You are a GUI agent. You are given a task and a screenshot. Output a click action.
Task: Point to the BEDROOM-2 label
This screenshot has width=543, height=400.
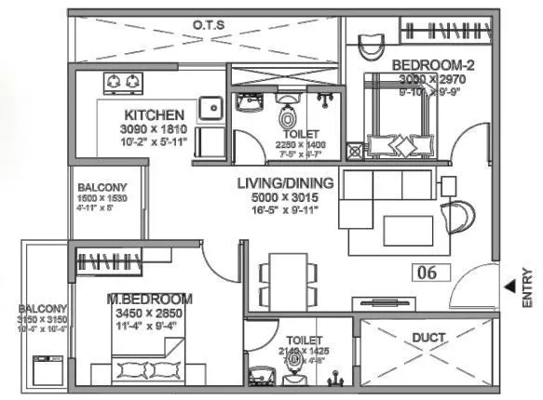click(428, 65)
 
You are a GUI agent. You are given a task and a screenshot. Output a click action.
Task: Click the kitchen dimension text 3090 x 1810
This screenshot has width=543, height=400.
click(154, 128)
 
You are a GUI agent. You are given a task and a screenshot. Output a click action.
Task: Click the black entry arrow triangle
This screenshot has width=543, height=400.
click(508, 288)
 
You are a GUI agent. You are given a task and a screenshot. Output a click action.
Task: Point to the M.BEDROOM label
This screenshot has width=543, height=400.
click(149, 299)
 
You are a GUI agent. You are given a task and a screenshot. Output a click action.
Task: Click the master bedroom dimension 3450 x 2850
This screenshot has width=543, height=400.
click(149, 313)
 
